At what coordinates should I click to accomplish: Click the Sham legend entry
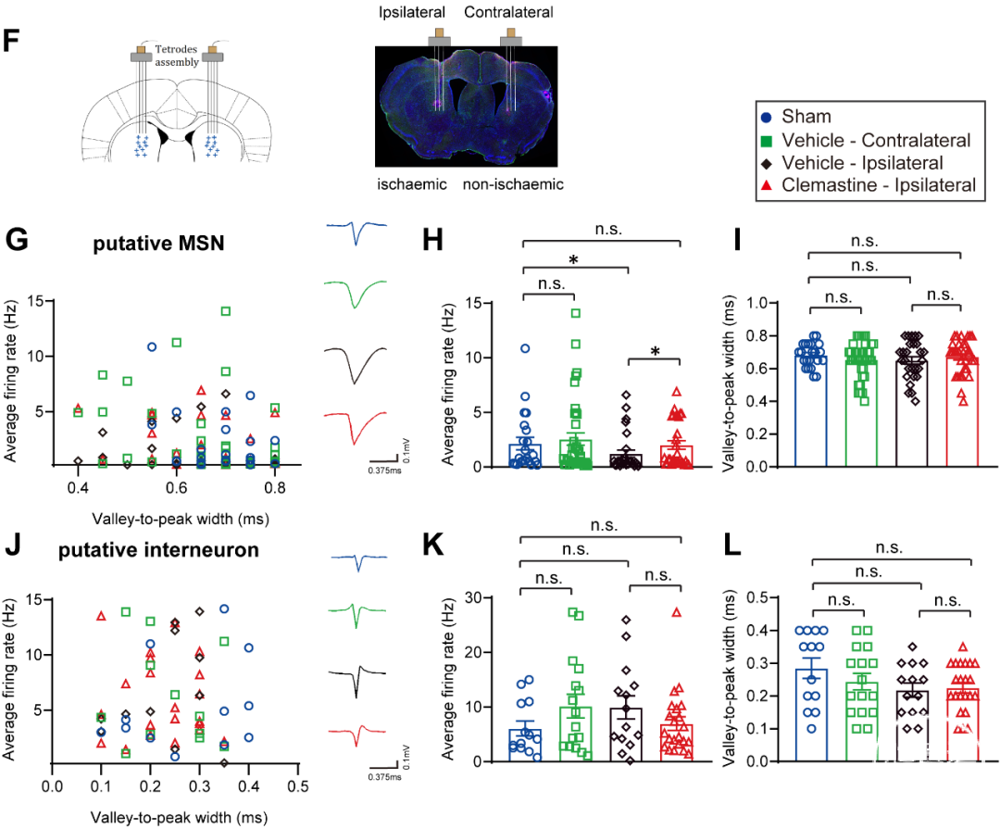(x=797, y=117)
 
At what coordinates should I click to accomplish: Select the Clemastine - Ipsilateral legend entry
(x=869, y=185)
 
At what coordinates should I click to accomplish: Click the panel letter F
(x=11, y=41)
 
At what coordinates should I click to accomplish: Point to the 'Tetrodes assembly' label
(x=177, y=56)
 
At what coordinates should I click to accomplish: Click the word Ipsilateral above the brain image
(x=412, y=12)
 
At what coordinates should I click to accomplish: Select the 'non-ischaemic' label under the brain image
(x=513, y=184)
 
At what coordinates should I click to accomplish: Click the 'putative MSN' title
(x=159, y=244)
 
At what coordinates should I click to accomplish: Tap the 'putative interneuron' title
(x=159, y=550)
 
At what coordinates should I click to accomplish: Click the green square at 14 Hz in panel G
(x=225, y=311)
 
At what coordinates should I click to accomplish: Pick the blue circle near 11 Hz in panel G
(x=152, y=347)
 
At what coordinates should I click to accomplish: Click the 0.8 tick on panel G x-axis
(x=275, y=488)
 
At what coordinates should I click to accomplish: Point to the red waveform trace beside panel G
(x=356, y=426)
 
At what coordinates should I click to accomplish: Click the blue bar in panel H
(x=525, y=456)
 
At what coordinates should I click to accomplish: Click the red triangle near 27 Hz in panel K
(x=677, y=612)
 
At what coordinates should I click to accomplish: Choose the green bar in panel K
(x=575, y=734)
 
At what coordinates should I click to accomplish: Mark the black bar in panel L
(x=913, y=726)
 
